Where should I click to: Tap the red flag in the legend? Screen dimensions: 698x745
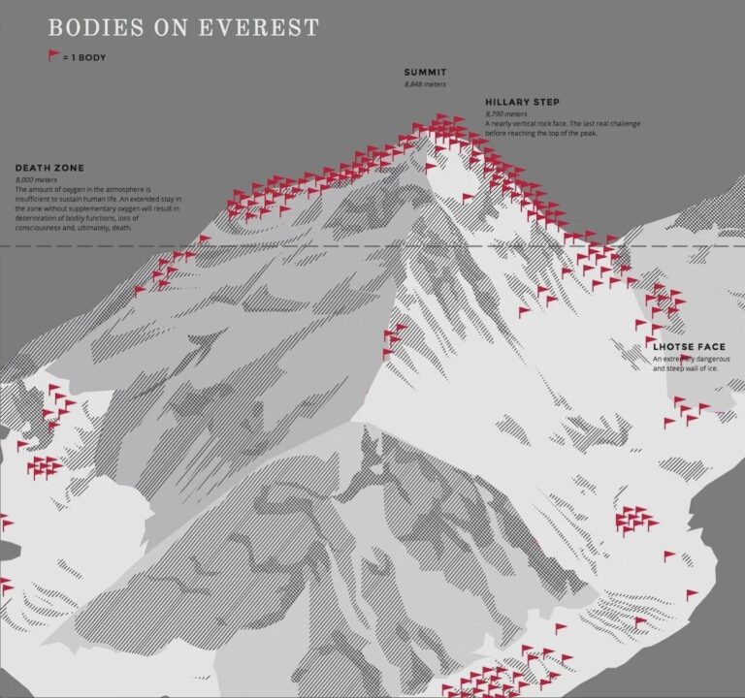(x=53, y=56)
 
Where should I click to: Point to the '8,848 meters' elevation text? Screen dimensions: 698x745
(x=425, y=84)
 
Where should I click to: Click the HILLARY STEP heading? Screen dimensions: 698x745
(x=522, y=102)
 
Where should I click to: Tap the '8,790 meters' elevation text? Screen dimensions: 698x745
(x=505, y=114)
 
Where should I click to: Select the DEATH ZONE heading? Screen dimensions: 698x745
(x=49, y=168)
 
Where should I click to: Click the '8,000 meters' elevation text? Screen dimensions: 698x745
(x=36, y=179)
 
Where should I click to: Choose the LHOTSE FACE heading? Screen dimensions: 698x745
(x=689, y=347)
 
